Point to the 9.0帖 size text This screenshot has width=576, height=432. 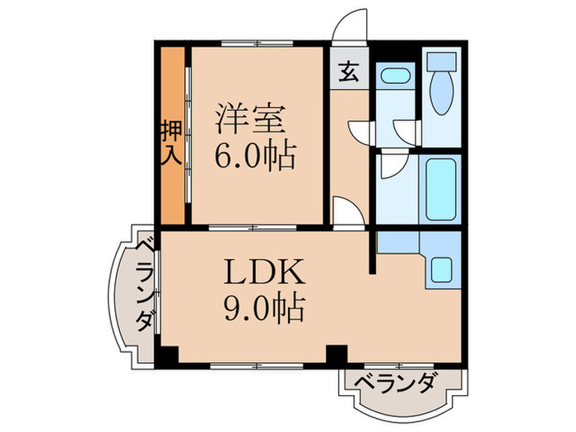(x=263, y=309)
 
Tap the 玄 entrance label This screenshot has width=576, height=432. (x=349, y=72)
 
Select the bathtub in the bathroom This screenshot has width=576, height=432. (x=440, y=188)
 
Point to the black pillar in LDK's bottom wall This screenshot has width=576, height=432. (x=336, y=355)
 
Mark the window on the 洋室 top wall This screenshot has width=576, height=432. (x=254, y=42)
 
